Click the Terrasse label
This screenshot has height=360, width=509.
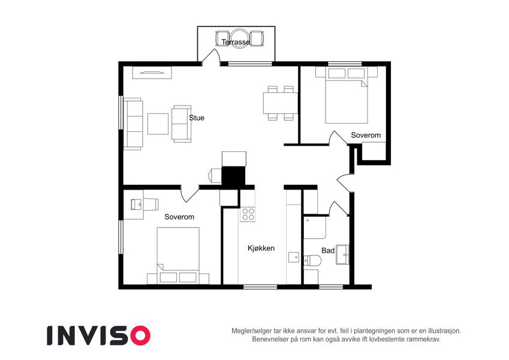tap(236, 42)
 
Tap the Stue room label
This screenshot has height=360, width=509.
tap(197, 118)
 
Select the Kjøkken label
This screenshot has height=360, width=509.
tap(261, 248)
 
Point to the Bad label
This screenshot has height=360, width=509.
tap(328, 251)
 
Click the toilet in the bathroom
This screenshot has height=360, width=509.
tap(312, 260)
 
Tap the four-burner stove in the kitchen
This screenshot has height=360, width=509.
tap(248, 214)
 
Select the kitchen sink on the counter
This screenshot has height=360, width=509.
tap(294, 257)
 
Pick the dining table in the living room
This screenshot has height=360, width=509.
tap(281, 103)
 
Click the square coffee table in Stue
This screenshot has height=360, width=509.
tap(158, 124)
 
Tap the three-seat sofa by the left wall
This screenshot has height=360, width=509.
tap(134, 124)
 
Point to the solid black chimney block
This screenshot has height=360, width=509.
tap(233, 177)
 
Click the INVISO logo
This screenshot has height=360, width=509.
tap(99, 335)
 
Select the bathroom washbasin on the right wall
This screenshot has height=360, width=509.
tap(342, 254)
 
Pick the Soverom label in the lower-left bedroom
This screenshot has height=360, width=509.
tap(179, 217)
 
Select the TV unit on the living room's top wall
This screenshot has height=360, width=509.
tap(152, 73)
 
